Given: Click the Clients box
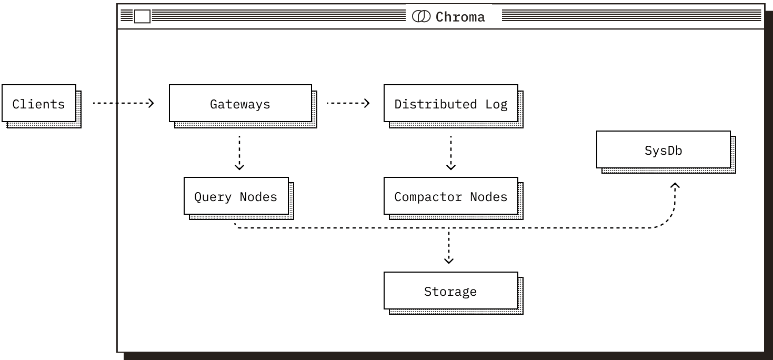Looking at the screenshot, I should tap(39, 104).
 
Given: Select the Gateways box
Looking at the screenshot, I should tap(240, 104).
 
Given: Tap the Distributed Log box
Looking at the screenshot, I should tap(450, 104).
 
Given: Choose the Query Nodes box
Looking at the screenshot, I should tap(236, 196).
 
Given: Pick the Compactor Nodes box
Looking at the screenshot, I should tap(450, 196).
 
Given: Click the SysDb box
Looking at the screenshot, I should tap(663, 150).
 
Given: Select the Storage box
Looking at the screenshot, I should tap(450, 291).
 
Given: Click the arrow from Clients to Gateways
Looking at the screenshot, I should tap(123, 103).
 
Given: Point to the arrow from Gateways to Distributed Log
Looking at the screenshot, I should tap(348, 103).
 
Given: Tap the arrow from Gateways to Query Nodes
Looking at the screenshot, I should tap(239, 153).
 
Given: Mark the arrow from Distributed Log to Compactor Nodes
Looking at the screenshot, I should tap(450, 153).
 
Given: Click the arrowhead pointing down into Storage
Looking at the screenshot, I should tap(448, 259).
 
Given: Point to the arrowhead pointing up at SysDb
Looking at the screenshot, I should tap(675, 186).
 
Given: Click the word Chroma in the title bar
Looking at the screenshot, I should tap(460, 17).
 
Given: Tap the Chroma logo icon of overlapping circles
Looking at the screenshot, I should tap(421, 16).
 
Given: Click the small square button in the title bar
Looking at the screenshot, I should tap(142, 17).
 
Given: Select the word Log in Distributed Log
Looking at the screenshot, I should tap(496, 104).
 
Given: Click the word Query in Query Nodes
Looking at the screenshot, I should tap(213, 196).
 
